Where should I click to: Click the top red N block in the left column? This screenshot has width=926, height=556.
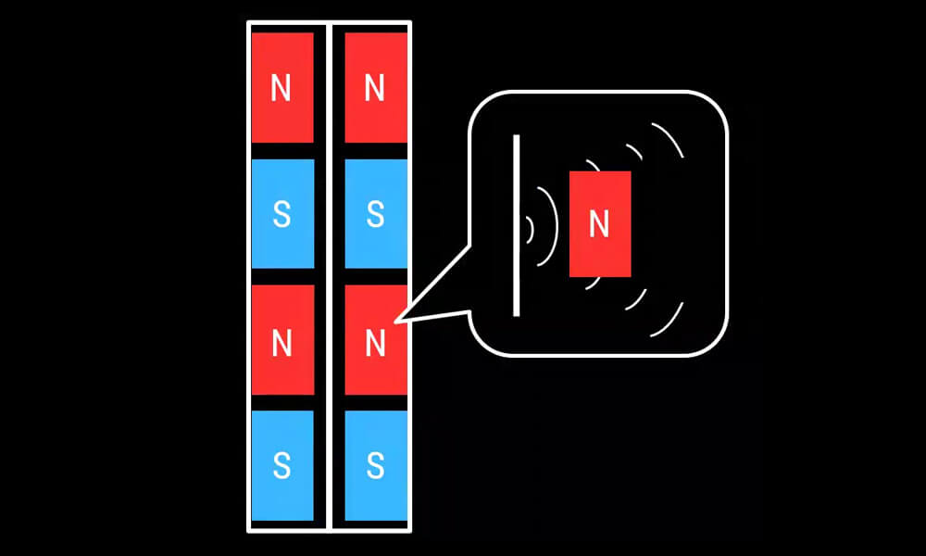pos(282,87)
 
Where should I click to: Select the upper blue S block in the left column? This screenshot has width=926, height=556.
pos(282,214)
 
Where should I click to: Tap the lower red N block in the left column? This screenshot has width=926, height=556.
pos(282,340)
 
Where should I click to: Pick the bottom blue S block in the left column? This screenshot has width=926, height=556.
pos(282,465)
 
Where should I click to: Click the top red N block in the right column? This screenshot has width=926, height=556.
pos(375,87)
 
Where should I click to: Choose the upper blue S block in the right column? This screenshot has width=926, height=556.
pos(375,214)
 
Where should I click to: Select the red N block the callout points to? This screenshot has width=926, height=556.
pos(375,340)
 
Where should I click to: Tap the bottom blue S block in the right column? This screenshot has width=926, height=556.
pos(375,465)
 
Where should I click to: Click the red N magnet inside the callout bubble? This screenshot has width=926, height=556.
pos(600,223)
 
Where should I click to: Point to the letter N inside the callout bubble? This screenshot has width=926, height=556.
pos(600,224)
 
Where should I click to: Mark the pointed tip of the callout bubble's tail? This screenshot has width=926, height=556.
pos(396,322)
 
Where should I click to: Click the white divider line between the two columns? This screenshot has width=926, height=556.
pos(331,278)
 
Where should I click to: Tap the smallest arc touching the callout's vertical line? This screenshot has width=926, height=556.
pos(531,229)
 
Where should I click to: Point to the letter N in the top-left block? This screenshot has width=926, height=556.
pos(282,89)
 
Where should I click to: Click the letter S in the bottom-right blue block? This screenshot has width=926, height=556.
pos(375,465)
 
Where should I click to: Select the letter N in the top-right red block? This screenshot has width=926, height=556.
pos(375,89)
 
